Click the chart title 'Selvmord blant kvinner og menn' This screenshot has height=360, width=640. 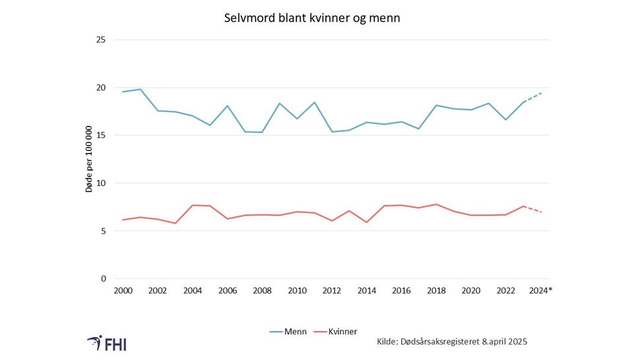[312, 18]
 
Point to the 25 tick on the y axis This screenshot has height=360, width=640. [101, 40]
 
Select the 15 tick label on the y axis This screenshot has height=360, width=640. [101, 135]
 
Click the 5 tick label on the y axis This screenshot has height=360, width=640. [104, 231]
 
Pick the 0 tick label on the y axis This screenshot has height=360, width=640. [104, 279]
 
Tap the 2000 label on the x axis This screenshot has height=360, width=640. [123, 291]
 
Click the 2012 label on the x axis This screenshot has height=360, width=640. [332, 291]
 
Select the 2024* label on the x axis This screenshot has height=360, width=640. [542, 291]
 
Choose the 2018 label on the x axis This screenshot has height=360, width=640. [436, 291]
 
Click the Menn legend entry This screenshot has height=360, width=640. [288, 332]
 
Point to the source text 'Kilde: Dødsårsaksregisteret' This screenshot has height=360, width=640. [452, 342]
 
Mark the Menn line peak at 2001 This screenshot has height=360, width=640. [141, 89]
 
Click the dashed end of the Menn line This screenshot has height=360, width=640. [533, 97]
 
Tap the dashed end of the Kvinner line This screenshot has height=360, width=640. [533, 209]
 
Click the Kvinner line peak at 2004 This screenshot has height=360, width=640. [193, 205]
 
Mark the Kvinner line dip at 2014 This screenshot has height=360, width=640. [367, 222]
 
